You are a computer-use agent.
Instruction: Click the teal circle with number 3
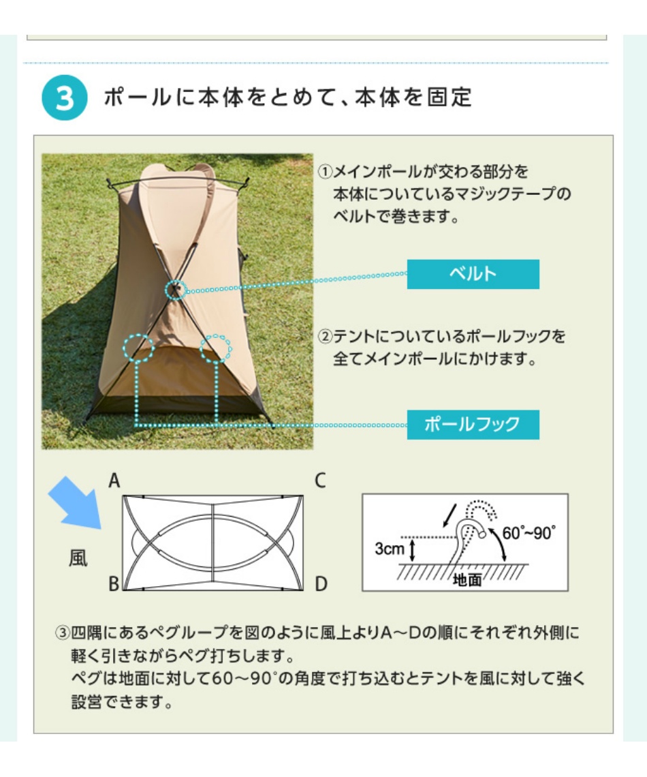64,97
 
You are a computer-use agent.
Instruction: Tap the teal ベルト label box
473,274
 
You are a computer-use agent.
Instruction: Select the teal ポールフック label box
473,425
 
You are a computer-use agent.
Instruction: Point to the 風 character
78,558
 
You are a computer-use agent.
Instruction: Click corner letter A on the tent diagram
114,481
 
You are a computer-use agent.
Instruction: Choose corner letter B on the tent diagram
114,583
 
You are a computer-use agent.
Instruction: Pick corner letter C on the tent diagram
320,481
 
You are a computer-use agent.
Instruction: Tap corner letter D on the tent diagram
321,583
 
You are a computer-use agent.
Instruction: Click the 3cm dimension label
390,549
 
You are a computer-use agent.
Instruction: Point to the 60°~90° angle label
528,533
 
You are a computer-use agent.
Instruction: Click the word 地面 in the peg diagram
467,579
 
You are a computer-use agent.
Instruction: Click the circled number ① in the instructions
325,172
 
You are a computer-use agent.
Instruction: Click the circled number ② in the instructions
325,337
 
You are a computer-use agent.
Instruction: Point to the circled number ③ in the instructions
63,633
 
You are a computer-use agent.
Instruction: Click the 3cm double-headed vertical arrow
412,551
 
